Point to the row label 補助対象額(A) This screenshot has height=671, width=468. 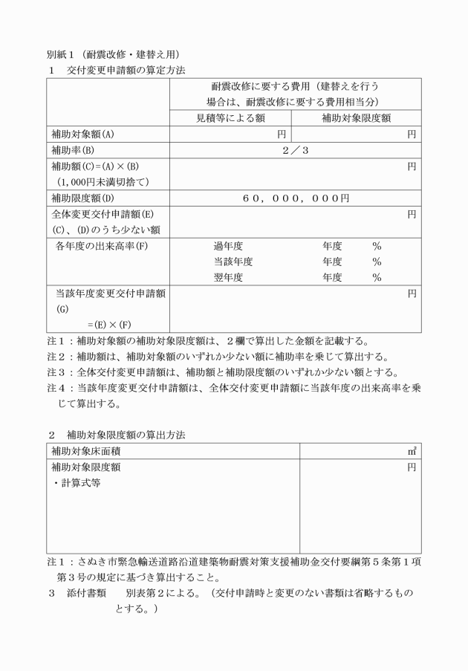pyautogui.click(x=82, y=134)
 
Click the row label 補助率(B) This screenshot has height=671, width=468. pyautogui.click(x=77, y=151)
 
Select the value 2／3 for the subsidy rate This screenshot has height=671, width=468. pyautogui.click(x=296, y=151)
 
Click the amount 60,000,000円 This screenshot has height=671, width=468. pyautogui.click(x=296, y=198)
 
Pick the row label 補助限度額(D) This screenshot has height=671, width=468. pyautogui.click(x=82, y=198)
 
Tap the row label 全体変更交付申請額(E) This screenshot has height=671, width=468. pyautogui.click(x=103, y=214)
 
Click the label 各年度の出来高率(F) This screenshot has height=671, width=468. pyautogui.click(x=102, y=246)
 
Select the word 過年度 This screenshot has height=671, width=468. pyautogui.click(x=229, y=246)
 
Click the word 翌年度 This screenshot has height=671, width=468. pyautogui.click(x=229, y=278)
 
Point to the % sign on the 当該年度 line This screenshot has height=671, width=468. pyautogui.click(x=377, y=262)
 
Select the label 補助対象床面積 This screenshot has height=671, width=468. pyautogui.click(x=88, y=451)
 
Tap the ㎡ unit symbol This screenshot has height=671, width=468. pyautogui.click(x=412, y=451)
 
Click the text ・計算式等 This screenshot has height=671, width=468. pyautogui.click(x=79, y=482)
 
